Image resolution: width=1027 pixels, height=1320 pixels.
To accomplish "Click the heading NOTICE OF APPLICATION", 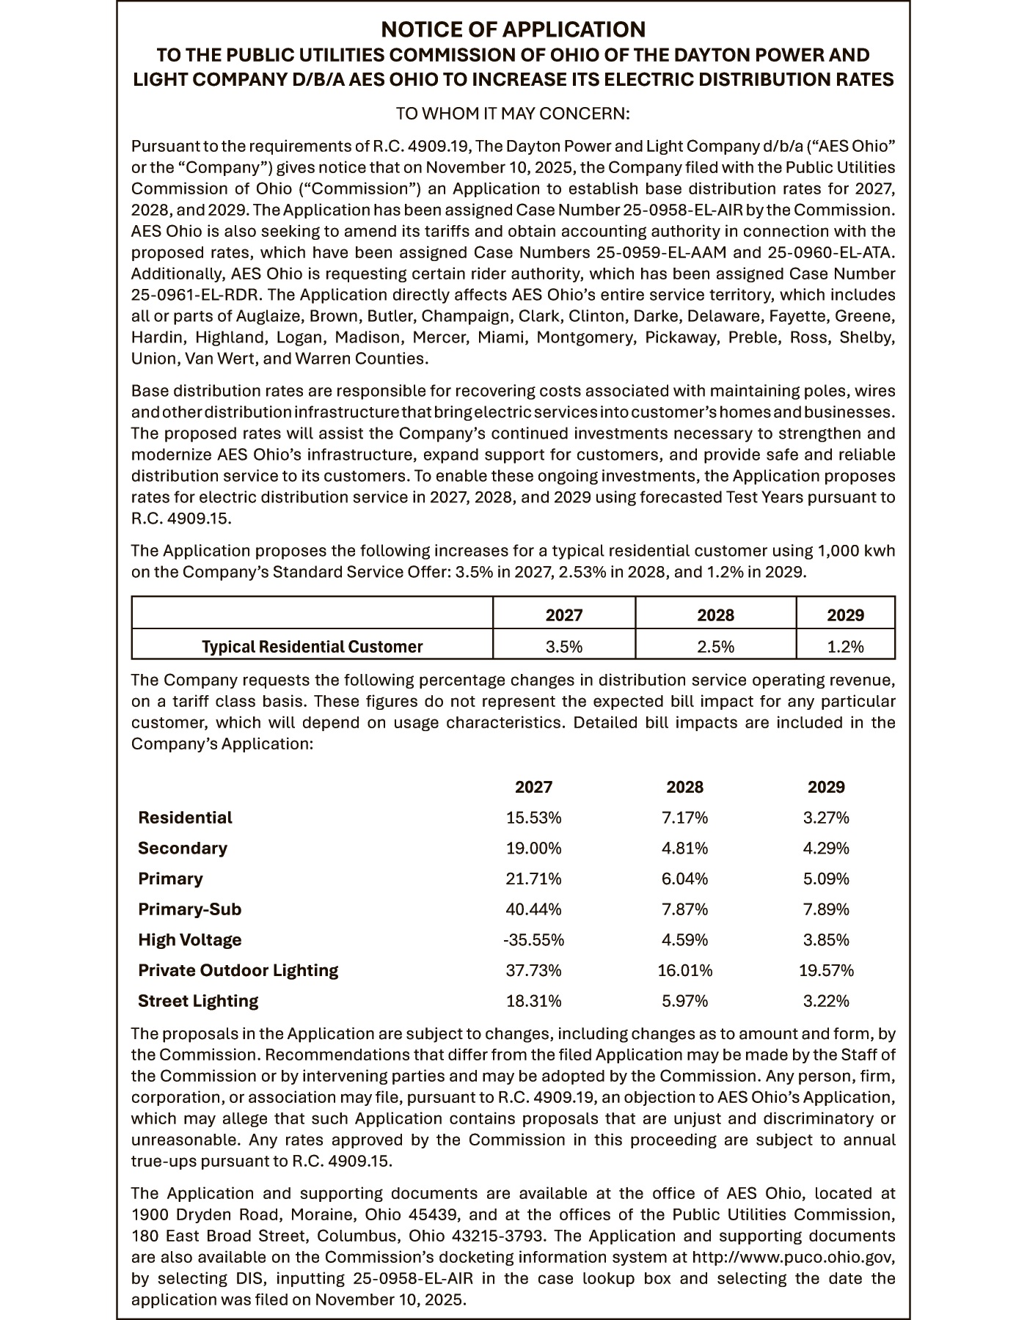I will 513,29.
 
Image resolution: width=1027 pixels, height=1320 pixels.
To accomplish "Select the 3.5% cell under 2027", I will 563,647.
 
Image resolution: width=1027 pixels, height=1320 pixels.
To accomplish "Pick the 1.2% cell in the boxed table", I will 845,647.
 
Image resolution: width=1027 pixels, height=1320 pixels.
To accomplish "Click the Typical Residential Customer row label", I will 313,647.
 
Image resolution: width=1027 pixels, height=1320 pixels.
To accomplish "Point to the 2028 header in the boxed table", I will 715,615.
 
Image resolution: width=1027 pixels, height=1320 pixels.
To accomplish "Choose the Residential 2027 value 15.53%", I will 533,818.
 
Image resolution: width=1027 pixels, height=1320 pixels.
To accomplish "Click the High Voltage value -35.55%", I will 533,940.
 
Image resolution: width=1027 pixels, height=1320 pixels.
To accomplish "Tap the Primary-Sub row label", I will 189,909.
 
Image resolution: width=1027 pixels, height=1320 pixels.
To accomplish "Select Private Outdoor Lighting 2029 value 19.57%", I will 826,971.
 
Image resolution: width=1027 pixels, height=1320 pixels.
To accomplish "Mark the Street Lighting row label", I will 198,1001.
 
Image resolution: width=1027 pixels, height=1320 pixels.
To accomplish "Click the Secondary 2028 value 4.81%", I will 684,848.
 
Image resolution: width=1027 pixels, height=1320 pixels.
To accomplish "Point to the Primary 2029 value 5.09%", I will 826,879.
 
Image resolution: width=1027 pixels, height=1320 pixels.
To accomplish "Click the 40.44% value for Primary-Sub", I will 533,909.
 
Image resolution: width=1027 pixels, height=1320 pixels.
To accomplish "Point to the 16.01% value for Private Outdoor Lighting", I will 684,971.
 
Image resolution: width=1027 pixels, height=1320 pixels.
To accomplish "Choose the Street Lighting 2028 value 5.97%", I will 684,1001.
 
